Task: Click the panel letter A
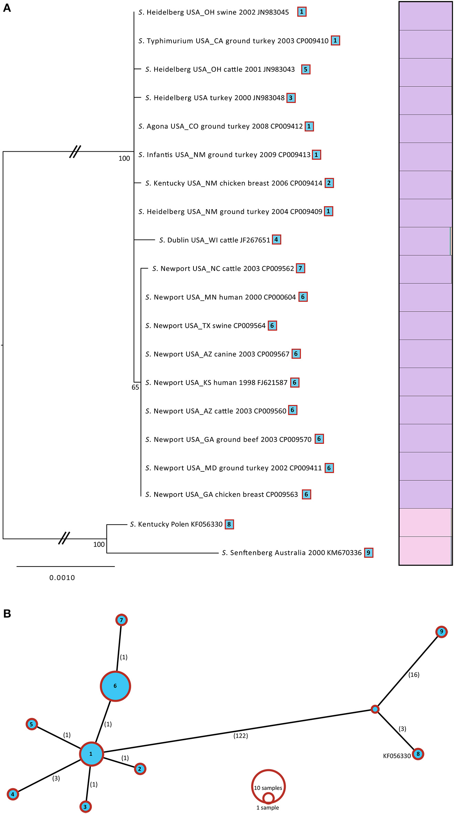(7, 8)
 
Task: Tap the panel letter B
(7, 613)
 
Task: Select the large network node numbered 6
(115, 686)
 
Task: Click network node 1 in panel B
(91, 754)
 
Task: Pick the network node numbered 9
(441, 632)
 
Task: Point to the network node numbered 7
(121, 620)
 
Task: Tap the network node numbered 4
(13, 794)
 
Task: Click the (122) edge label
(241, 736)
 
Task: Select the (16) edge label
(414, 674)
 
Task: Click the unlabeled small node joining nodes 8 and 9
(375, 709)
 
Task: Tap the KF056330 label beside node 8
(397, 756)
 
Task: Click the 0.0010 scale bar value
(62, 578)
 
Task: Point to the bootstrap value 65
(135, 387)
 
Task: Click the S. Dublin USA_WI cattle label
(214, 240)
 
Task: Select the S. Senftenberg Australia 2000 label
(292, 553)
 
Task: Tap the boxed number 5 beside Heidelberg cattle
(306, 69)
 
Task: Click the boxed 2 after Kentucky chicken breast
(329, 183)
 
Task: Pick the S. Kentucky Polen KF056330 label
(176, 524)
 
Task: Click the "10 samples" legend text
(268, 788)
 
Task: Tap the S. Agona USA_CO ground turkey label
(220, 126)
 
